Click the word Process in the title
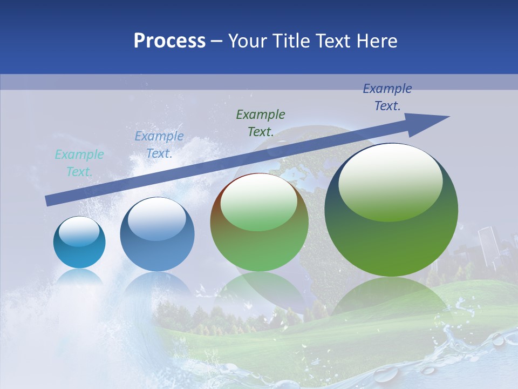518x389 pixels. coord(169,41)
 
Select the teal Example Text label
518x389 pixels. coord(79,163)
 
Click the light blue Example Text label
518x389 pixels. coord(159,145)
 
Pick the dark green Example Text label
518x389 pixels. coord(261,123)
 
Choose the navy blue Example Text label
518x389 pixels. coord(387,97)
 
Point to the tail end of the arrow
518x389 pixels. coord(49,200)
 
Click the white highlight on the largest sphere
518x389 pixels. coord(390,183)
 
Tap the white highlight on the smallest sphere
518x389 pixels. coord(79,232)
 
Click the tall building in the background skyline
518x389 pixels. coord(487,246)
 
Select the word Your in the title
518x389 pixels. coord(247,41)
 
